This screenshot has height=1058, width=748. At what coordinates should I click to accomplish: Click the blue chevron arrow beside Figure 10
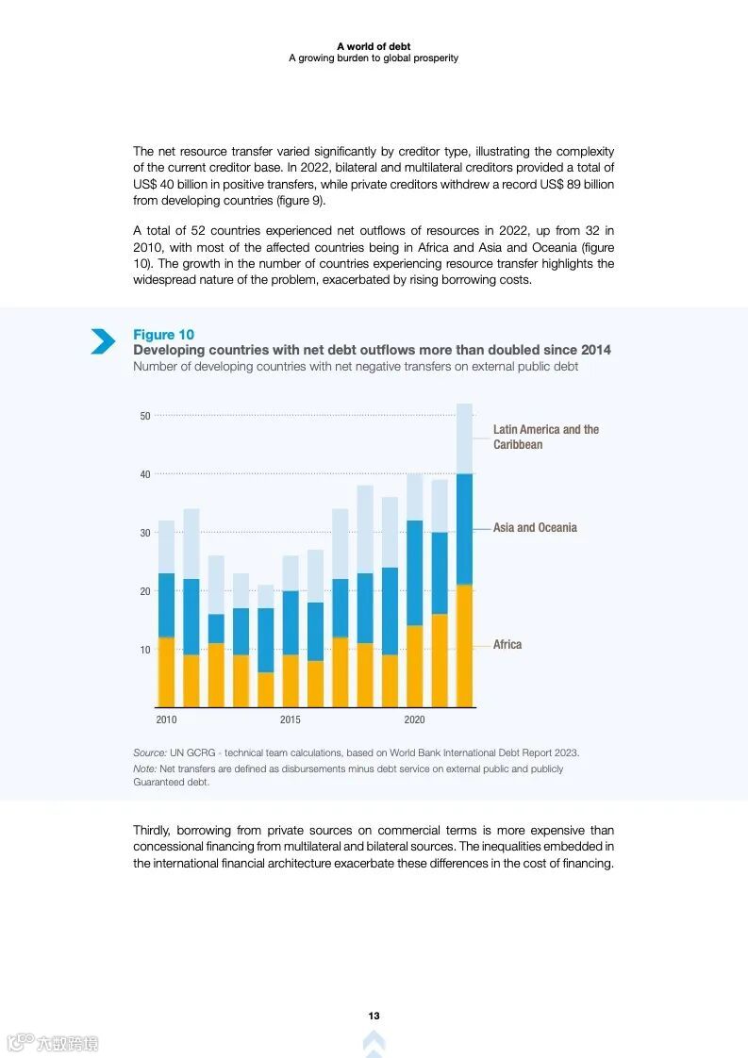(x=103, y=341)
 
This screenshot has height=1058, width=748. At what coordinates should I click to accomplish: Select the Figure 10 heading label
(x=163, y=335)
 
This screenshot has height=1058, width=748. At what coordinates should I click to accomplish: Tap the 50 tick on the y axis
(x=145, y=416)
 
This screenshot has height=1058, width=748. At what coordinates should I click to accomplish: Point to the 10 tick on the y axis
(x=145, y=650)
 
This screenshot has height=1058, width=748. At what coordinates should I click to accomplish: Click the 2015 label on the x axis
(x=291, y=720)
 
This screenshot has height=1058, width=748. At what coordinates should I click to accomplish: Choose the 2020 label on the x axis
(x=414, y=720)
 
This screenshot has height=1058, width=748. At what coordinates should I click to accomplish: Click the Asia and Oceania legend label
(x=535, y=528)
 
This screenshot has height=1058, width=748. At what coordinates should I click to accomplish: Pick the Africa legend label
(x=507, y=645)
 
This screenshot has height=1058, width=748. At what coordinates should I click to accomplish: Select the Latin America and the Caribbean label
(x=545, y=437)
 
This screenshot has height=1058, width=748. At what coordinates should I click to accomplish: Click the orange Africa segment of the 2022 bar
(x=464, y=646)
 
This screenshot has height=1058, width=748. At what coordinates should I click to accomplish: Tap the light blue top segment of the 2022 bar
(x=464, y=438)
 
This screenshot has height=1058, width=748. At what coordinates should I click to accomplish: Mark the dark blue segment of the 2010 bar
(x=166, y=605)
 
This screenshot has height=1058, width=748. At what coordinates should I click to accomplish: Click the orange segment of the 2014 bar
(x=265, y=689)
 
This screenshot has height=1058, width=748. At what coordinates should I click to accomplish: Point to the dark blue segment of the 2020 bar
(x=414, y=572)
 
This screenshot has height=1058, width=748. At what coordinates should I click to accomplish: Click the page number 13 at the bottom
(x=374, y=1016)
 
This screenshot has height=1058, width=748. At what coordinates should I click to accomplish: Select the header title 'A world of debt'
(x=374, y=45)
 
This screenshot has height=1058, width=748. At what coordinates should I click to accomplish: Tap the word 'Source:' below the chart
(x=150, y=752)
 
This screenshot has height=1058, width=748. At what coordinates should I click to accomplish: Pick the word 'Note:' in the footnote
(x=145, y=769)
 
